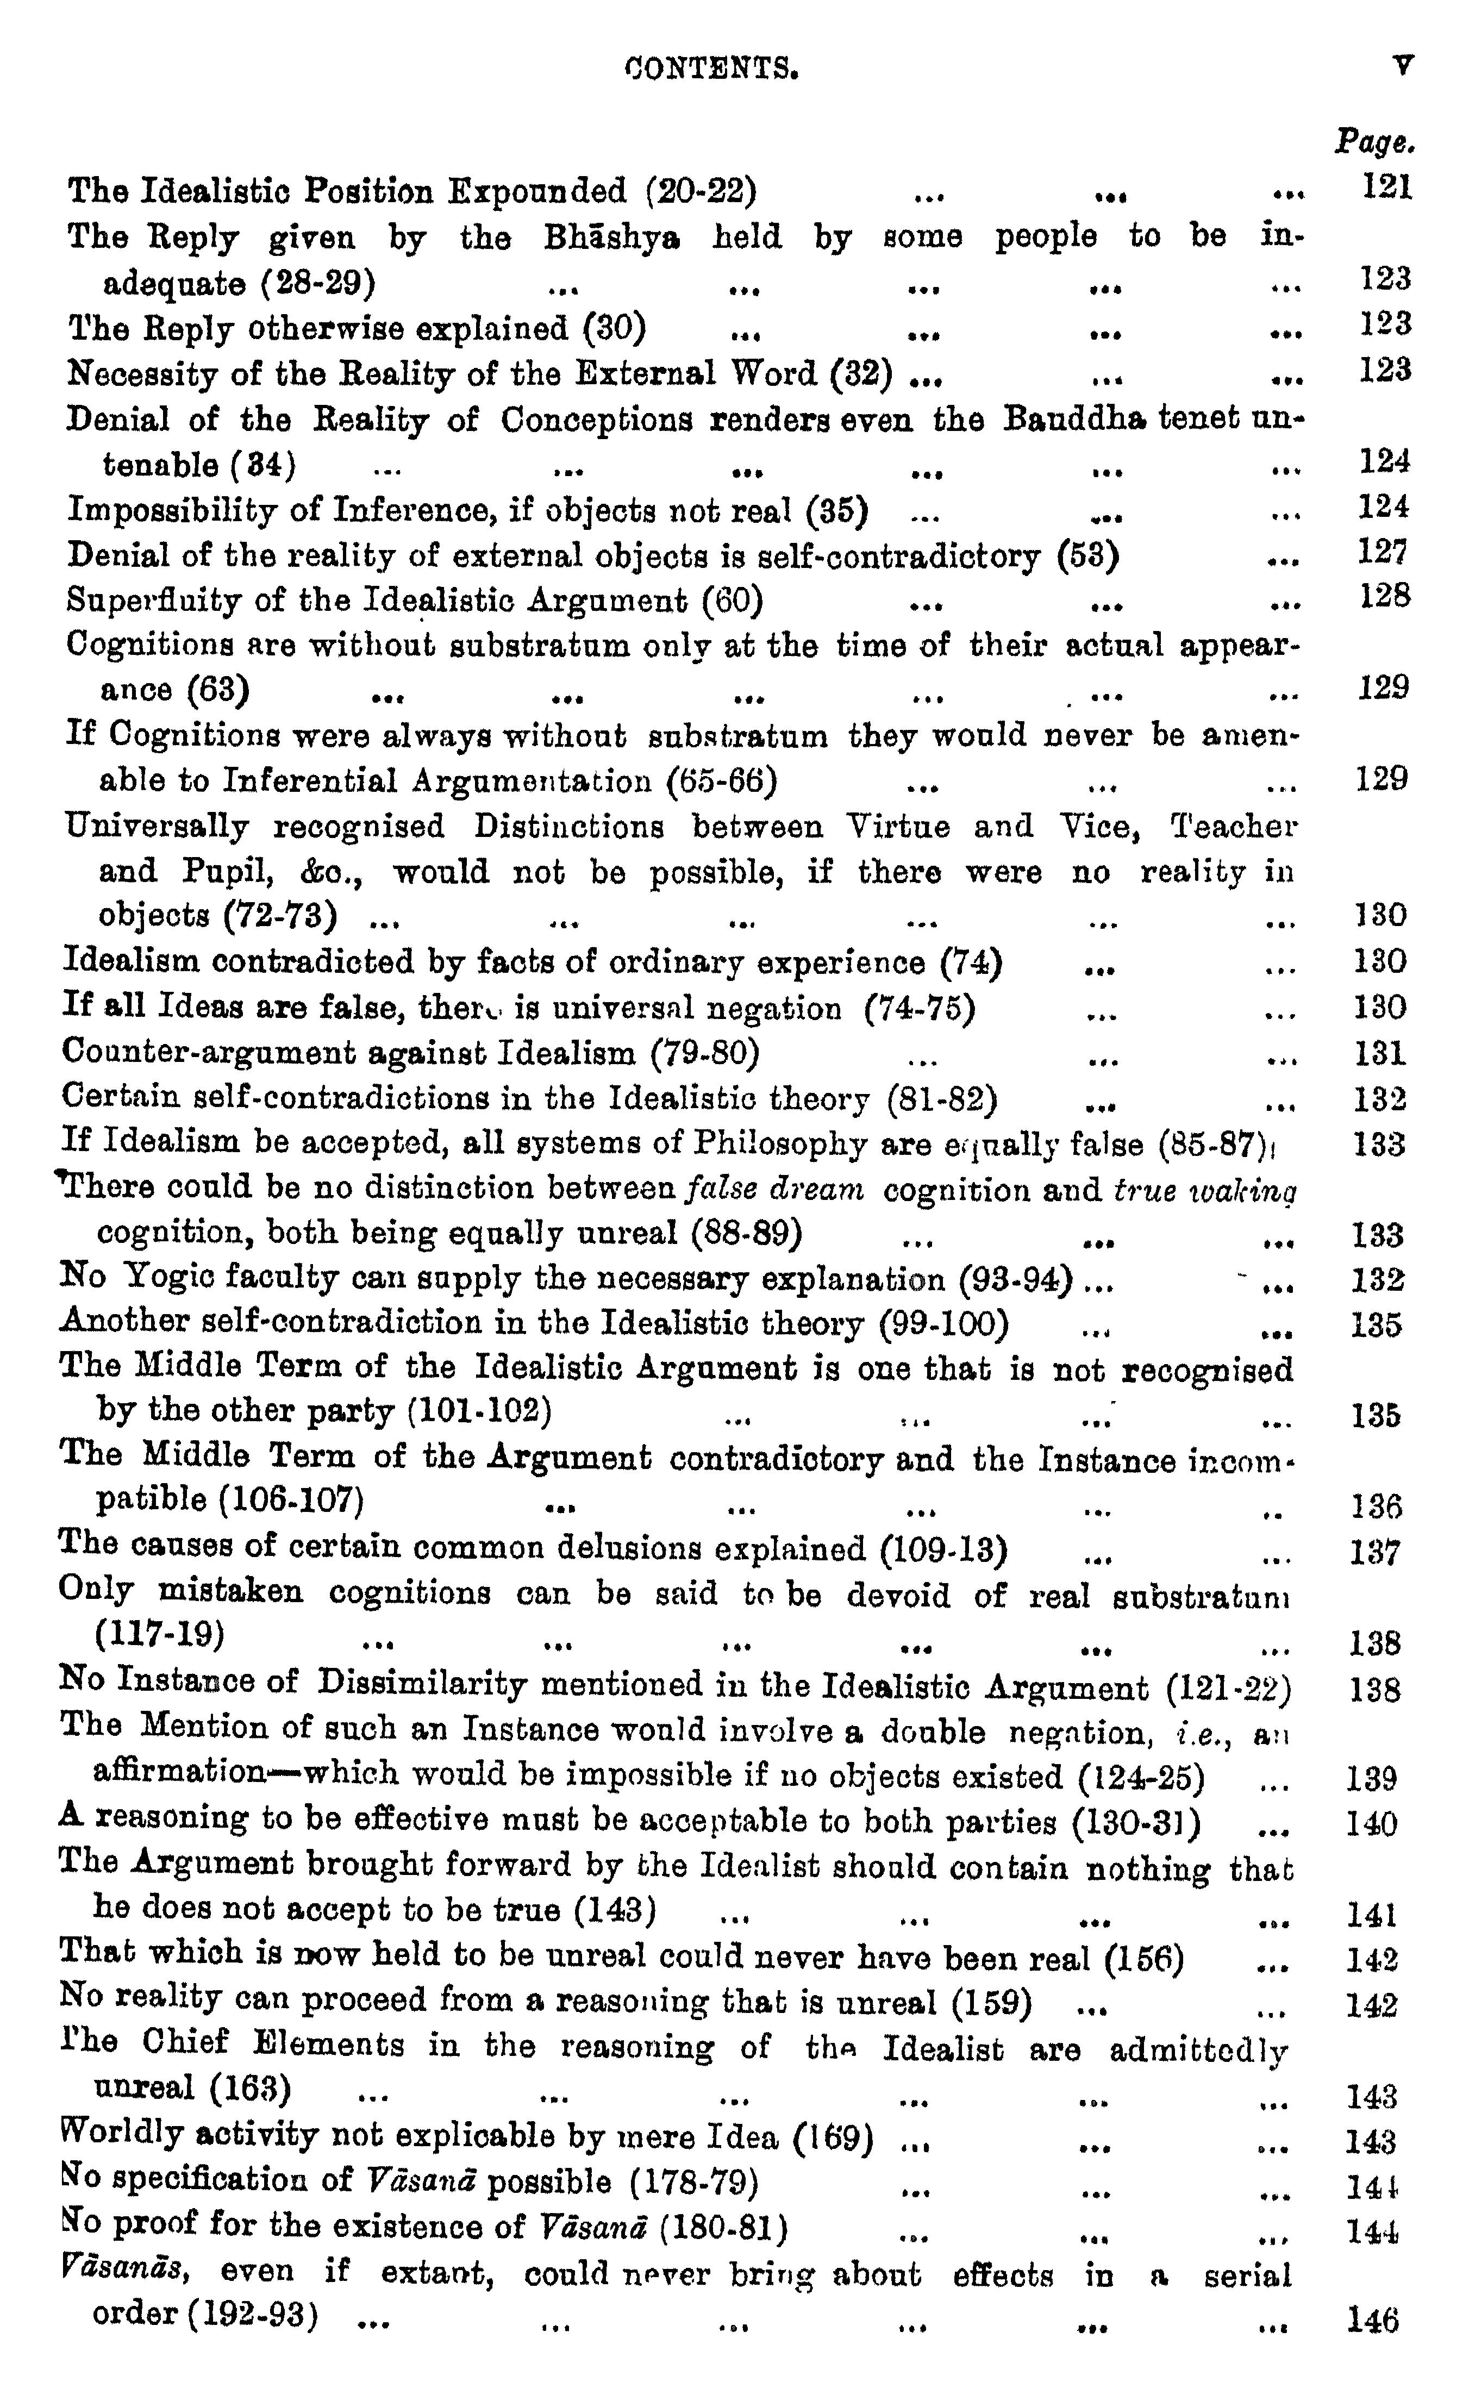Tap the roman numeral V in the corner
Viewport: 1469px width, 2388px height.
(1402, 66)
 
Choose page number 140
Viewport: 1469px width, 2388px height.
(1371, 1823)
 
